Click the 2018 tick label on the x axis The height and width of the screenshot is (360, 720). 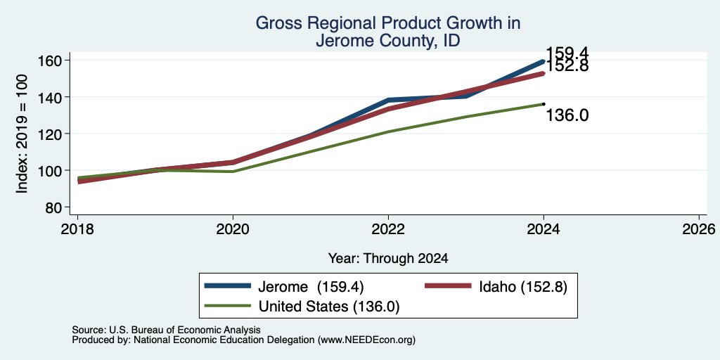pos(77,229)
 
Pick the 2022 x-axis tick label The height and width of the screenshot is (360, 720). pos(388,229)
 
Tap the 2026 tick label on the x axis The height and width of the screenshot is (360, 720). pos(699,229)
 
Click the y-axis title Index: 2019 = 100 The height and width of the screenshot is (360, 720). pos(22,134)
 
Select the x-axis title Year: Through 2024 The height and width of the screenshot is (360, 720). pos(388,259)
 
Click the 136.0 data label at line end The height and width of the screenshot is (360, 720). pos(567,116)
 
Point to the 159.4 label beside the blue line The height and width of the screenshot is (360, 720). pos(567,53)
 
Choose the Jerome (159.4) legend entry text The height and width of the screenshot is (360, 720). pos(311,287)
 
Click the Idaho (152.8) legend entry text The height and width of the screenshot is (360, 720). pos(523,287)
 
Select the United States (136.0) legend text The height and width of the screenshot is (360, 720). pos(329,307)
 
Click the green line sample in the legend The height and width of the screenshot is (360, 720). pos(229,306)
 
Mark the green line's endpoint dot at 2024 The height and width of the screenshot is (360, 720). pos(544,104)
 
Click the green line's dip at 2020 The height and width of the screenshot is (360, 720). pos(233,172)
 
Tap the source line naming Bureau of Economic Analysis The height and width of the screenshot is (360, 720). pos(166,330)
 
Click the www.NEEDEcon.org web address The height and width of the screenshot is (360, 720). pos(366,340)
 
